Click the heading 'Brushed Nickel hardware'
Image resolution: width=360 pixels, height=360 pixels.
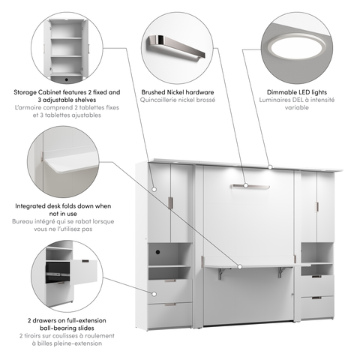coord(179,92)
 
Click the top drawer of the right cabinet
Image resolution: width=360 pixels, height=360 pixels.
coord(316,285)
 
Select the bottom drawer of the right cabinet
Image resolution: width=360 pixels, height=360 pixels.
coord(316,307)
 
